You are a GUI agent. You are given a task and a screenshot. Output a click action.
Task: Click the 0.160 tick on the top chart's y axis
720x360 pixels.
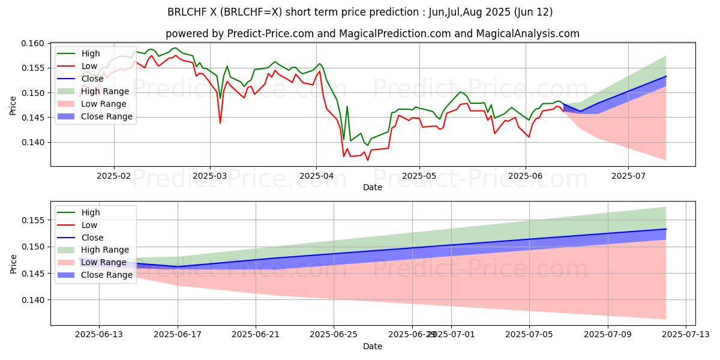pyautogui.click(x=33, y=43)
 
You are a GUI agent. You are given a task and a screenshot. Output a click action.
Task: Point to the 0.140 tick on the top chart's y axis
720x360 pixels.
pyautogui.click(x=33, y=142)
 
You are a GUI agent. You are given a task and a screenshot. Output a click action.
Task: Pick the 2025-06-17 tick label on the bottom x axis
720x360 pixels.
pyautogui.click(x=178, y=335)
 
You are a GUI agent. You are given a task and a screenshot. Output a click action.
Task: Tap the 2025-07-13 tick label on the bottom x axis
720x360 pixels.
pyautogui.click(x=685, y=335)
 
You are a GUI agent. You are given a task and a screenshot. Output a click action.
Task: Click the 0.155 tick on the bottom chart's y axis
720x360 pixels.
pyautogui.click(x=33, y=220)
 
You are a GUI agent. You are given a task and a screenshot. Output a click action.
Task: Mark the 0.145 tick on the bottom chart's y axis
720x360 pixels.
pyautogui.click(x=33, y=274)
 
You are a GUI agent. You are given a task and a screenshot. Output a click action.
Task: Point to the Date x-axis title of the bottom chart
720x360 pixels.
pyautogui.click(x=373, y=347)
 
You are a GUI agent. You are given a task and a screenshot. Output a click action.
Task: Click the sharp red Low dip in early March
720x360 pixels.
pyautogui.click(x=220, y=123)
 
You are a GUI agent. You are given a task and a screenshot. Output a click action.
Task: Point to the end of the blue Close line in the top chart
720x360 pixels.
pyautogui.click(x=666, y=76)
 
